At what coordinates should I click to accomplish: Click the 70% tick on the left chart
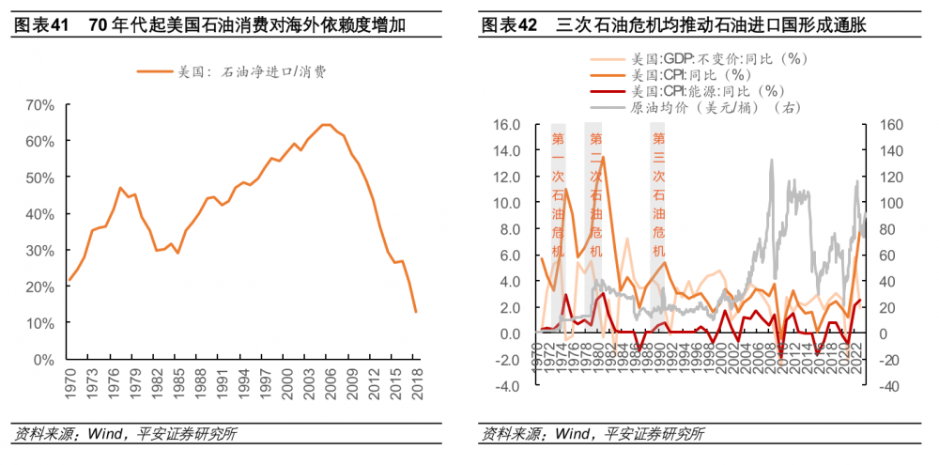point(38,104)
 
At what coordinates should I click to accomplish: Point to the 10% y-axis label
point(38,323)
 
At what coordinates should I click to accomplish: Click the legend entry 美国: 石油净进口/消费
point(235,70)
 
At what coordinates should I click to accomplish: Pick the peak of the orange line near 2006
point(325,124)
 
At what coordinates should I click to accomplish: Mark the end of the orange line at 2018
point(415,312)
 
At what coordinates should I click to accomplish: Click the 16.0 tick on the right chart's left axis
point(506,124)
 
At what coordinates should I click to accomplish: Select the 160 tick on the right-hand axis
point(888,124)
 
